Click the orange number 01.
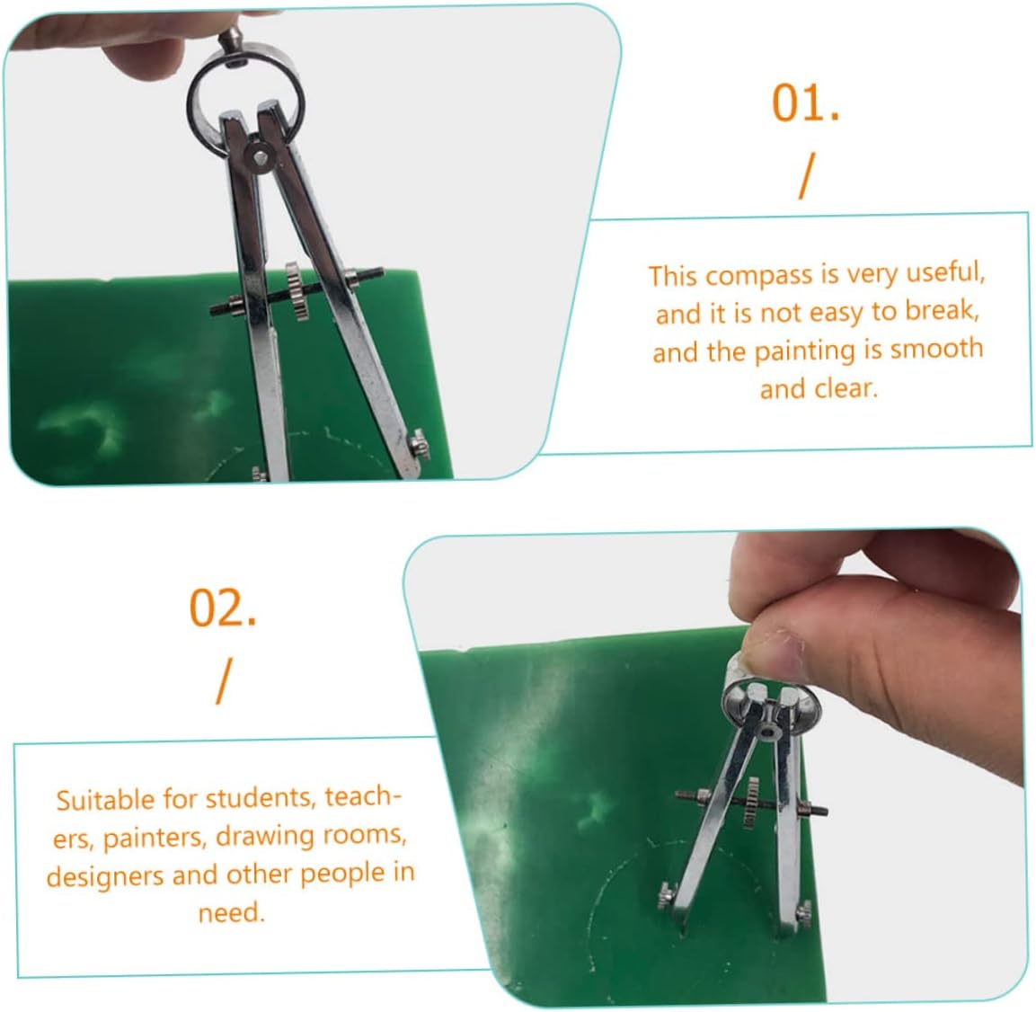coord(805,103)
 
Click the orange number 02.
coord(223,608)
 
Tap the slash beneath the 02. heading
coord(225,681)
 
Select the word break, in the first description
coord(943,309)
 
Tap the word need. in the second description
coord(231,913)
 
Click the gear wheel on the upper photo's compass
coord(298,291)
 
